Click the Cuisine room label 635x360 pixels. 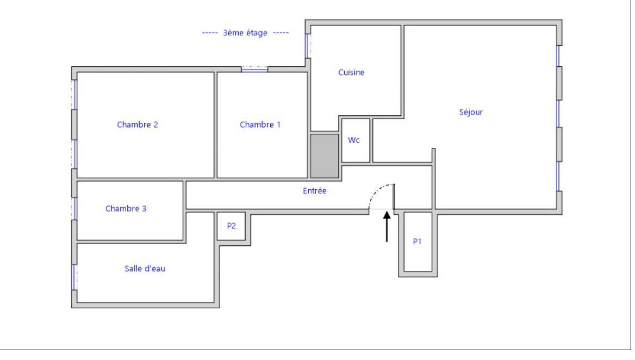(351, 72)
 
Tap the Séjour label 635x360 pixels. (471, 112)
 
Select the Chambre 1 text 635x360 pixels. (260, 125)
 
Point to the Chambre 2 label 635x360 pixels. (138, 125)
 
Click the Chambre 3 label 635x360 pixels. (126, 208)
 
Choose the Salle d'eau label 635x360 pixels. (145, 269)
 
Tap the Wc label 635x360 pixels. (353, 140)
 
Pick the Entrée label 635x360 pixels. (315, 191)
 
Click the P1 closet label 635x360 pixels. (417, 241)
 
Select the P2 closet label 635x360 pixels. (231, 226)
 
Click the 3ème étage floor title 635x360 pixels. (245, 33)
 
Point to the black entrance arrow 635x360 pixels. (387, 227)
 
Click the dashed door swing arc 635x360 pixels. (377, 191)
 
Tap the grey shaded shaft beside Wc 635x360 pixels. (325, 156)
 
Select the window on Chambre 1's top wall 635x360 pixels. (254, 70)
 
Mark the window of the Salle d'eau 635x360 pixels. (74, 277)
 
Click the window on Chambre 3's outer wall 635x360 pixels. (74, 208)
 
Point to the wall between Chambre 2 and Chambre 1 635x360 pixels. (215, 125)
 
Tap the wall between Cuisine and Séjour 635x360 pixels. (402, 71)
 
